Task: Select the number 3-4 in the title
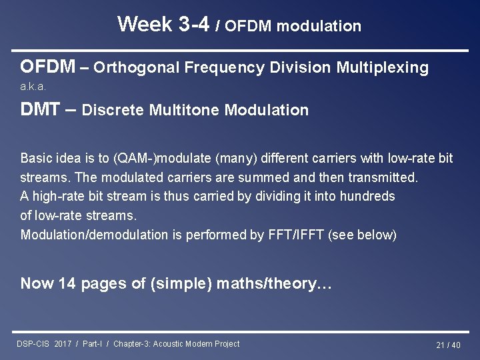[x=194, y=25]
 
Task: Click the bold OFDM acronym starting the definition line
[x=47, y=67]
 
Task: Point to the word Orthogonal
[x=137, y=67]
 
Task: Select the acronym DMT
[x=40, y=109]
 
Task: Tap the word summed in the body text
[x=275, y=177]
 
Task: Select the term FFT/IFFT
[x=297, y=235]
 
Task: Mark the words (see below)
[x=363, y=235]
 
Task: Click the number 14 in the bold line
[x=67, y=283]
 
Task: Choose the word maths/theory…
[x=289, y=283]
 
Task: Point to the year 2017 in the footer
[x=63, y=344]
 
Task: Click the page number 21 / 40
[x=448, y=345]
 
